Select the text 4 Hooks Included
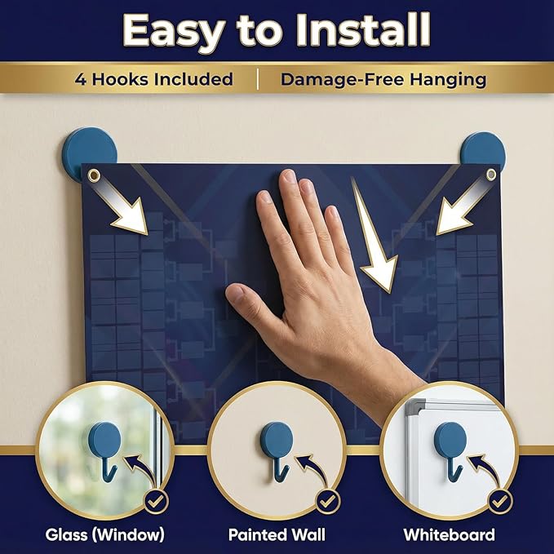(154, 79)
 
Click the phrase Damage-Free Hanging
(383, 79)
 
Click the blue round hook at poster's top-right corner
(483, 149)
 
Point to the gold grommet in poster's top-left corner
(94, 175)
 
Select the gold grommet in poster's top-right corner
(491, 174)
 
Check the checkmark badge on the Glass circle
(157, 501)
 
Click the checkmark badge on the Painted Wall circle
(328, 501)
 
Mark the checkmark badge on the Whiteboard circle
(500, 501)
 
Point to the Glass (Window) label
(105, 534)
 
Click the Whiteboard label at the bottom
(449, 534)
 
